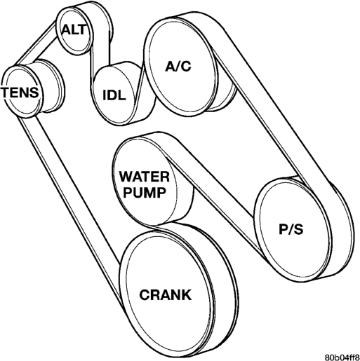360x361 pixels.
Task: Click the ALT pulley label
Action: click(x=74, y=29)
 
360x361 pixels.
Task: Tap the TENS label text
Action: click(x=20, y=92)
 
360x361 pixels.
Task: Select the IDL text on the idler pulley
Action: click(x=114, y=95)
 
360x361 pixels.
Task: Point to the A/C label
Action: click(x=178, y=66)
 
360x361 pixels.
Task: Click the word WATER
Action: click(x=145, y=177)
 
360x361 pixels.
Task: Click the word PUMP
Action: click(x=145, y=193)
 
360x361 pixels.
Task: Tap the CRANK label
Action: click(x=166, y=295)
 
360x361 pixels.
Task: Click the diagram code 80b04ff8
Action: click(x=342, y=357)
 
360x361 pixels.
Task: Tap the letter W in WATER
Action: click(x=126, y=177)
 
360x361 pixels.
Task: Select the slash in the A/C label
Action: click(x=178, y=66)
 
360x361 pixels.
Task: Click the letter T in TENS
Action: click(x=6, y=92)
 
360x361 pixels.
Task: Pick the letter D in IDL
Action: click(x=112, y=95)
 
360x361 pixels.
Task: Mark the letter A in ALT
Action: click(x=67, y=29)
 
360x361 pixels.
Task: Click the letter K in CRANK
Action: click(x=187, y=295)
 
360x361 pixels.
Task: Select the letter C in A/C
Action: click(x=187, y=66)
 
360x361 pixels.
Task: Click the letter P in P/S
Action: click(x=283, y=229)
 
